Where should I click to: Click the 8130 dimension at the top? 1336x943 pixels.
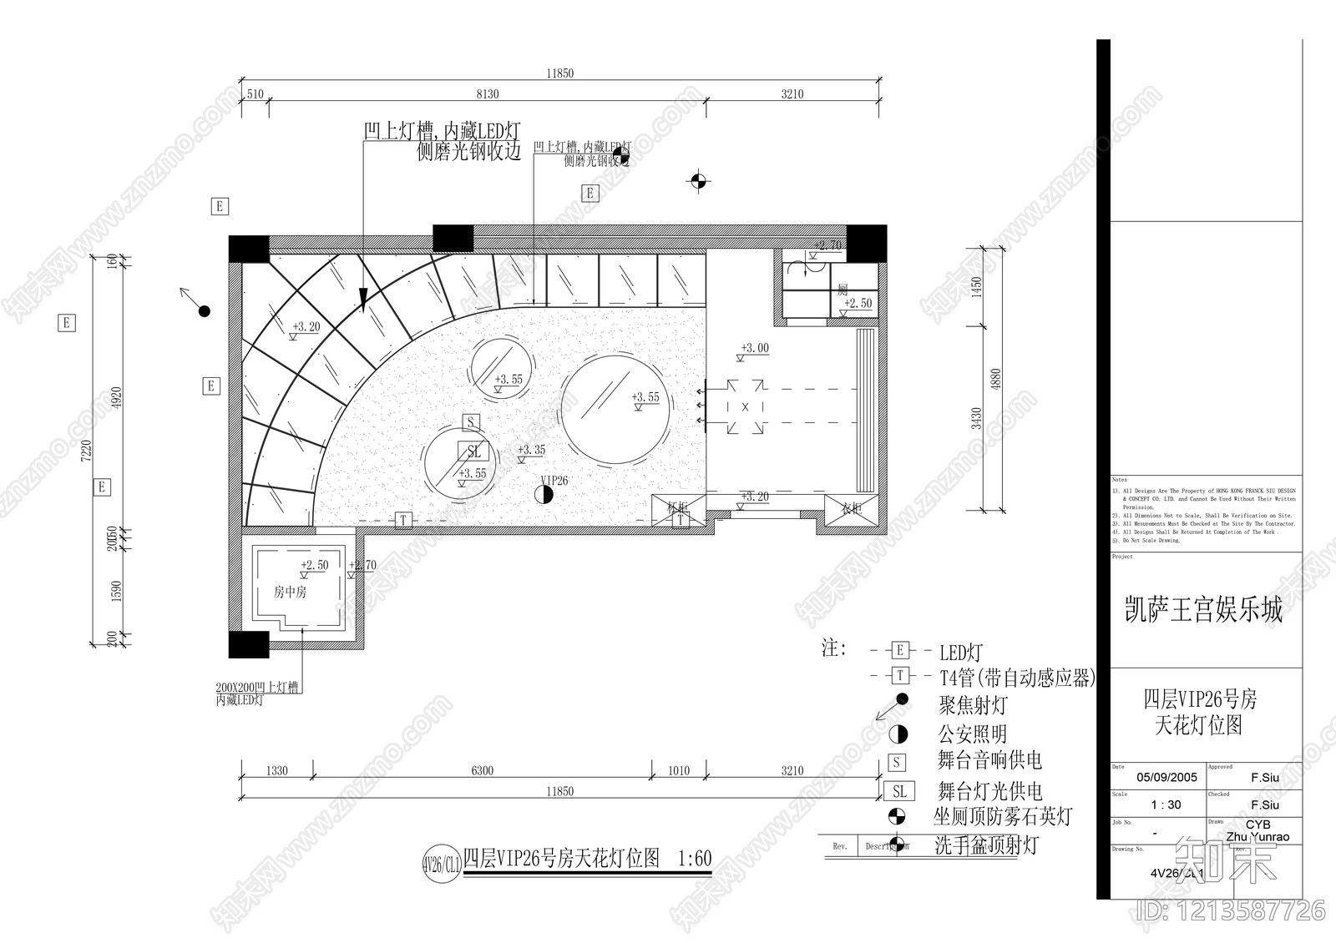coord(487,94)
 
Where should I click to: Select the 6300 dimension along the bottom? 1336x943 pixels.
coord(482,770)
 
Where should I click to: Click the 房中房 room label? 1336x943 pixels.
coord(290,593)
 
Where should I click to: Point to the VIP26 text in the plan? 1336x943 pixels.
coord(554,481)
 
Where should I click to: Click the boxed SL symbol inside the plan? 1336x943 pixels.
coord(474,452)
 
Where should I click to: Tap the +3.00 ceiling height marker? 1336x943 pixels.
coord(756,348)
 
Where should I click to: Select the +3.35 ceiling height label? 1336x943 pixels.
coord(532,450)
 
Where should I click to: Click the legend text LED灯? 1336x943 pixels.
coord(961,653)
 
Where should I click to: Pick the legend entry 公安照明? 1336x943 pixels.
coord(973,734)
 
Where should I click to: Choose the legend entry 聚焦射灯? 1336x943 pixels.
coord(973,706)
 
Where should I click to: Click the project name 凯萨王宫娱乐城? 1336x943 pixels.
coord(1203,610)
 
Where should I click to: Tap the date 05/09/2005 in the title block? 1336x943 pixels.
coord(1166,777)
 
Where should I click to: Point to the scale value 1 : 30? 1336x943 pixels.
coord(1166,805)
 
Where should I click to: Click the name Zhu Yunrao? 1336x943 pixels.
coord(1257,837)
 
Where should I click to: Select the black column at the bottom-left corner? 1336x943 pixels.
coord(249,644)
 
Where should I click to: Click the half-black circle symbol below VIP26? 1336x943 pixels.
coord(544,494)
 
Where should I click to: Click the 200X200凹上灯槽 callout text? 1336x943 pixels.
coord(256,688)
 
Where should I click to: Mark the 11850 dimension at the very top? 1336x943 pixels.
coord(560,73)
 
